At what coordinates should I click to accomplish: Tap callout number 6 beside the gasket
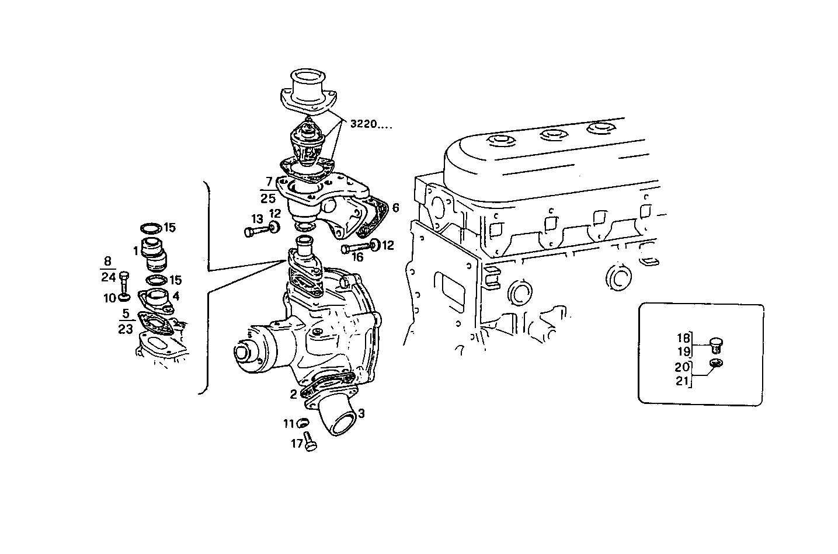(395, 208)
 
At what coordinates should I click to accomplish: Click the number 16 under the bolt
(357, 257)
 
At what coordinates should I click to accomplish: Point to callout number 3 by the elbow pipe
(361, 413)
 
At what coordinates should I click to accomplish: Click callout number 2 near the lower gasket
(293, 394)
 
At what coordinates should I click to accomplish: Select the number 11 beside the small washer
(289, 424)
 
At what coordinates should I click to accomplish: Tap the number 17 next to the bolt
(297, 444)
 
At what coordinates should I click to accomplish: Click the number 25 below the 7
(268, 198)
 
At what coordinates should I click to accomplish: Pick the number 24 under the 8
(108, 278)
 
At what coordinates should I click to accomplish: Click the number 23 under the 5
(126, 329)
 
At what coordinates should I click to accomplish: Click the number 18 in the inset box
(683, 338)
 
